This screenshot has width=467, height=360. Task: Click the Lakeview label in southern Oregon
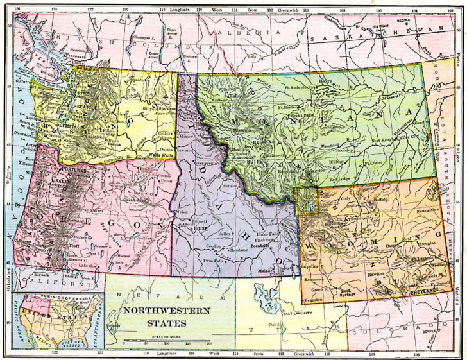[90, 264]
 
